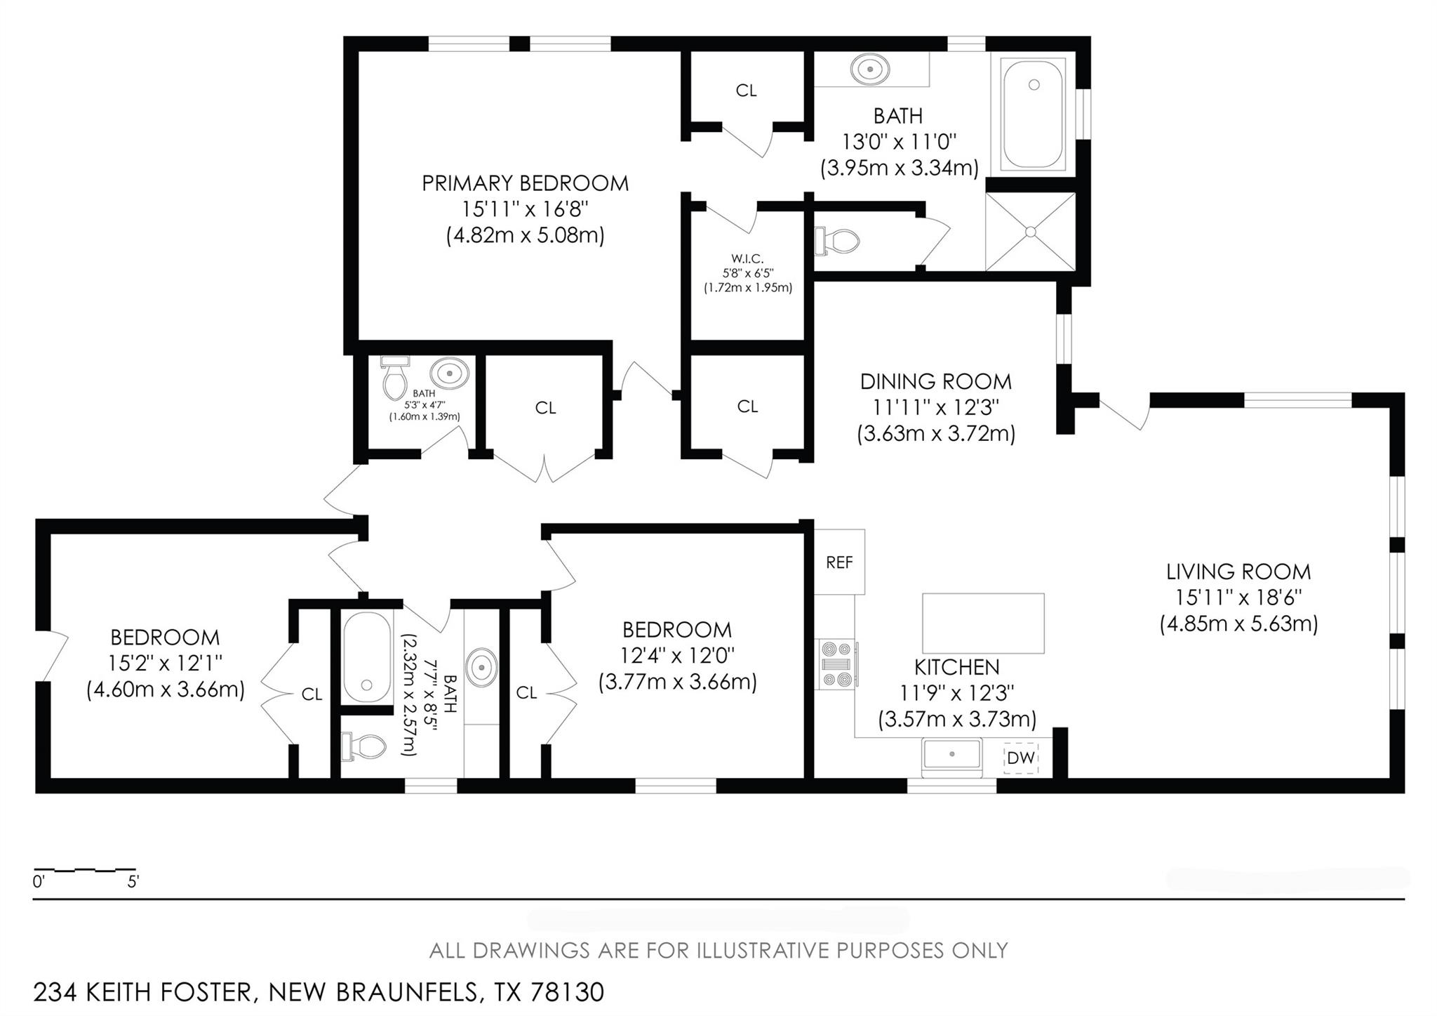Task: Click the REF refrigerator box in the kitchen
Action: point(839,562)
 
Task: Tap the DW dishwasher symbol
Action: point(1020,758)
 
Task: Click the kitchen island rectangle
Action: point(982,624)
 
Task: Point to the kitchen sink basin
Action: point(951,754)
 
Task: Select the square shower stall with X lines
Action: point(1030,231)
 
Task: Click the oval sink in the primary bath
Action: point(870,70)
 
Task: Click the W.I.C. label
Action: point(748,260)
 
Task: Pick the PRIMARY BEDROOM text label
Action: point(525,183)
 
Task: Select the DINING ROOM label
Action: point(936,382)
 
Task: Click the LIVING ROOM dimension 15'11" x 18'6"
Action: point(1238,598)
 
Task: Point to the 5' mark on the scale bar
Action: point(133,882)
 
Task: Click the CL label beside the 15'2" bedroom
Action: point(312,694)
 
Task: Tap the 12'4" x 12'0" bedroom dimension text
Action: point(677,656)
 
